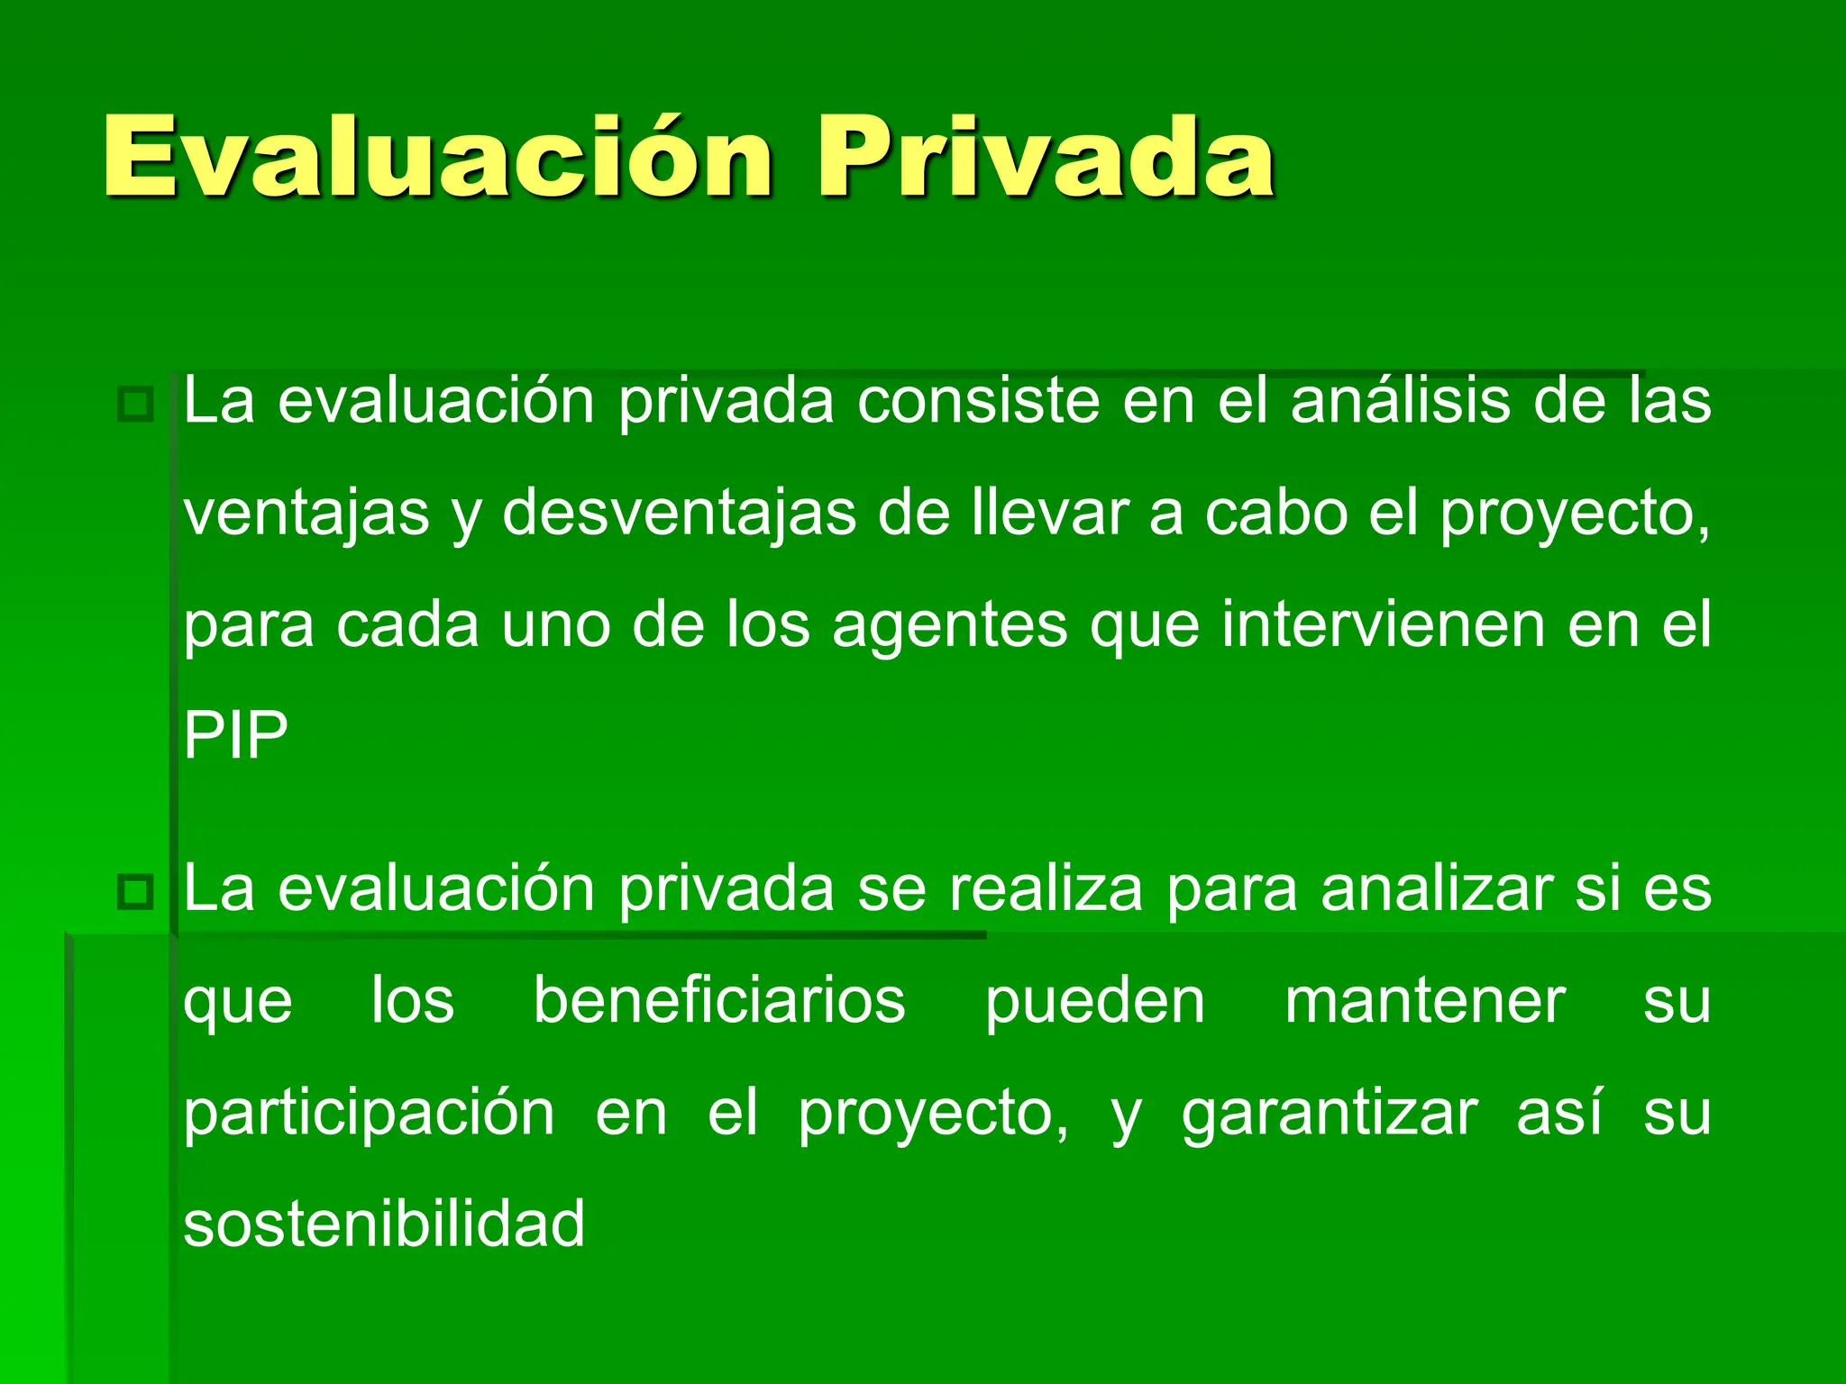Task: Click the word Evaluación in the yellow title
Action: click(438, 158)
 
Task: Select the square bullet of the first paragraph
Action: click(136, 404)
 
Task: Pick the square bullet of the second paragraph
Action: click(136, 892)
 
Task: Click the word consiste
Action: click(979, 402)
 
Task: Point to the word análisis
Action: click(1401, 402)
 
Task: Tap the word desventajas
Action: click(679, 514)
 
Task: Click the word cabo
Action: click(1275, 514)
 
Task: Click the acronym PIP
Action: click(235, 736)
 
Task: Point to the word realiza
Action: click(1046, 890)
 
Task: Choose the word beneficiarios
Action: click(719, 1001)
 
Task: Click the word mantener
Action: click(1425, 1001)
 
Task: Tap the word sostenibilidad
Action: click(384, 1224)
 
